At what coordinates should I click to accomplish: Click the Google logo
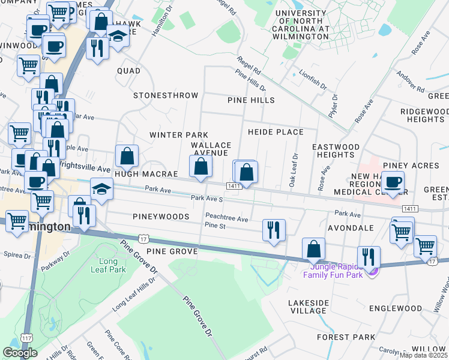point(20,353)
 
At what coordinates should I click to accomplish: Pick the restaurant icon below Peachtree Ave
point(274,230)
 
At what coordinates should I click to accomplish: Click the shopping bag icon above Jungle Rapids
point(313,248)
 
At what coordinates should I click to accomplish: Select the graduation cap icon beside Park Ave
point(101,189)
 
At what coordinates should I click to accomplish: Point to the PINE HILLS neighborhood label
point(251,100)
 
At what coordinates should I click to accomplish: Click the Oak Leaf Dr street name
point(294,171)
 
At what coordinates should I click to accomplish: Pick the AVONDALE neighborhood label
point(351,228)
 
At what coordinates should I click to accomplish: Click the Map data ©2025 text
point(421,355)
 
